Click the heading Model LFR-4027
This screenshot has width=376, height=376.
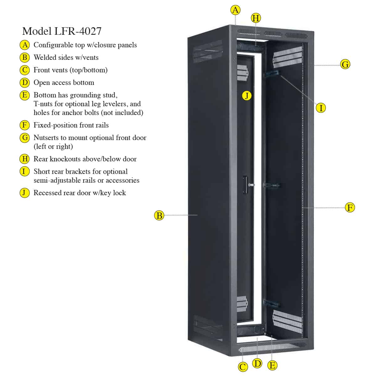tap(62, 31)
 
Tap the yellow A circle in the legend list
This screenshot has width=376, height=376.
tap(24, 45)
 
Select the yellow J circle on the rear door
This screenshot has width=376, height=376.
tap(247, 96)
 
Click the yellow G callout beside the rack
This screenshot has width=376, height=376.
tap(345, 65)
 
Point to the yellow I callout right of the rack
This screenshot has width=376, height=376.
tap(321, 108)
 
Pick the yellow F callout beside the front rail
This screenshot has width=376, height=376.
tap(350, 207)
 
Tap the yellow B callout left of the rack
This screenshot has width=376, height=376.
tap(159, 216)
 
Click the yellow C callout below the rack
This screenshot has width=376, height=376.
tap(243, 367)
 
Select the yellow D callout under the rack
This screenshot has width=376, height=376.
tap(257, 363)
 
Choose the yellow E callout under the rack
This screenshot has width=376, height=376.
tap(272, 365)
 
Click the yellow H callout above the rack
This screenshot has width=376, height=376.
tap(256, 18)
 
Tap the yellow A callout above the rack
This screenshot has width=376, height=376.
tap(235, 10)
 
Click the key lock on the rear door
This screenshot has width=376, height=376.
tap(249, 185)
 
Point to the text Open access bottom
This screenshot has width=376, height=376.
tap(64, 82)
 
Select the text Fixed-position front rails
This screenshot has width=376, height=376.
tap(71, 125)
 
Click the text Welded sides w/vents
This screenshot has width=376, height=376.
tap(66, 57)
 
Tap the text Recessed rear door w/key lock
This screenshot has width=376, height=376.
tap(80, 193)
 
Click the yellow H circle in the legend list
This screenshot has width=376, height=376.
tap(24, 159)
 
